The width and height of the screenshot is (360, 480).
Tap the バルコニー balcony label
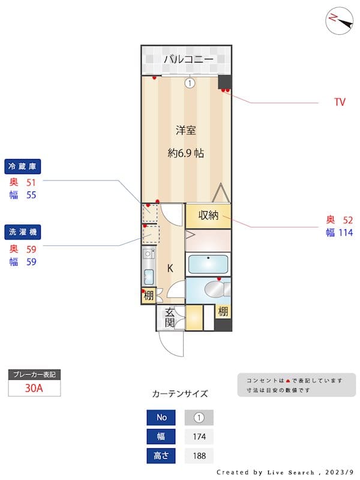(x=189, y=59)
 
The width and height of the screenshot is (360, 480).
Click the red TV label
(x=340, y=103)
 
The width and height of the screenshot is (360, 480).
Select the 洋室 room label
(x=186, y=130)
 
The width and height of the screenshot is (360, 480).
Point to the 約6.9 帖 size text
(x=186, y=153)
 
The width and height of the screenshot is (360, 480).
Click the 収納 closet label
(x=208, y=215)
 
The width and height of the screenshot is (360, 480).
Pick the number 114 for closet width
(x=346, y=233)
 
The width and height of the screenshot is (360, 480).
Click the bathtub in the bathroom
(x=208, y=265)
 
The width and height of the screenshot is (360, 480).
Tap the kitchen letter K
(x=170, y=268)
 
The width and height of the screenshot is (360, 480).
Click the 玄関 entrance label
(x=170, y=317)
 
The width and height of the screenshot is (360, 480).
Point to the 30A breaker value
(x=34, y=388)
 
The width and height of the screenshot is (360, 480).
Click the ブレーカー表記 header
(x=34, y=374)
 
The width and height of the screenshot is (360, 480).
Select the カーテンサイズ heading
(x=180, y=394)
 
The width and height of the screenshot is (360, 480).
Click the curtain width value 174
(x=199, y=436)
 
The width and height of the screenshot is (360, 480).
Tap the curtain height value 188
(x=199, y=455)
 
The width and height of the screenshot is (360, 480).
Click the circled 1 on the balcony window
(x=190, y=83)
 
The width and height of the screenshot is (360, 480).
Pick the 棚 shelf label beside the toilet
(x=223, y=311)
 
